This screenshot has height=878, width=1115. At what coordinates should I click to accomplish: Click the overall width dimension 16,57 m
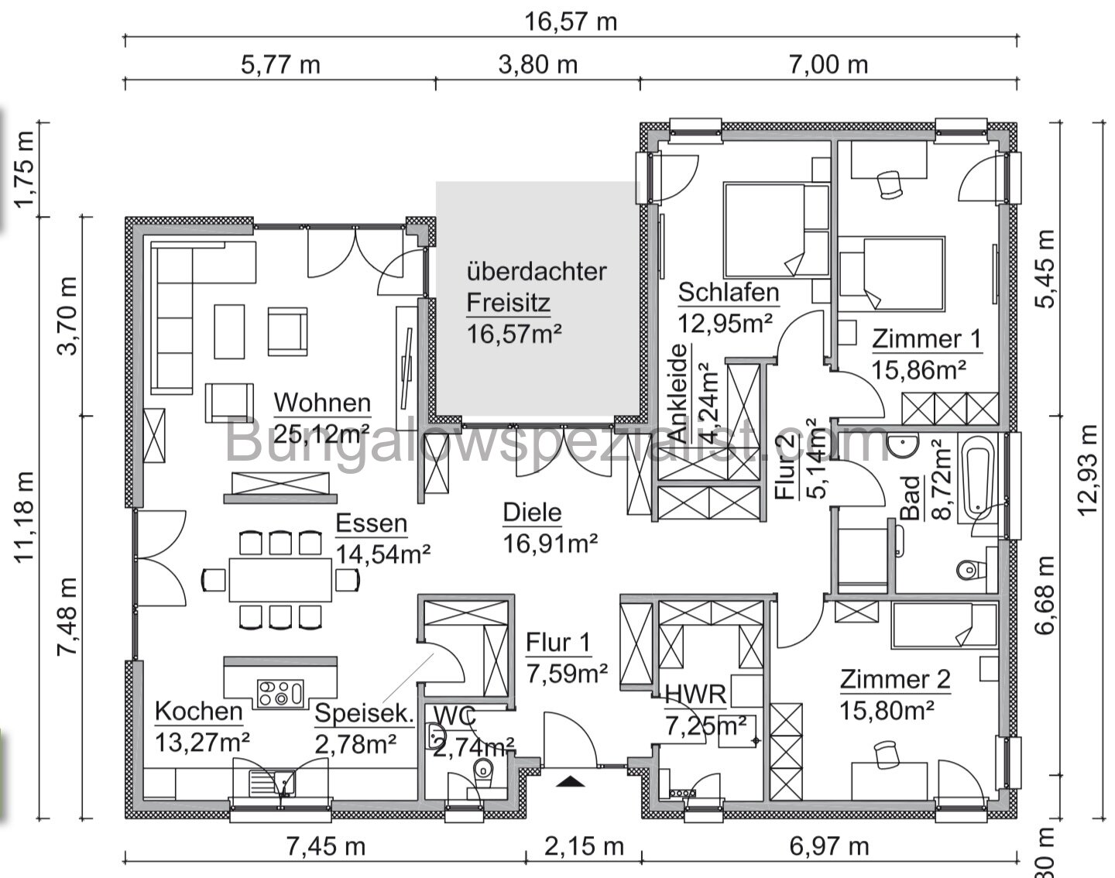571,21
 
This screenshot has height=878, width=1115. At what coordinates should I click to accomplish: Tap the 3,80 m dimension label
538,63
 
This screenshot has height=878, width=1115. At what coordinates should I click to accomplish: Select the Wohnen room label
322,403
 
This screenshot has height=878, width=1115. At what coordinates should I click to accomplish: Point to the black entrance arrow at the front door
571,781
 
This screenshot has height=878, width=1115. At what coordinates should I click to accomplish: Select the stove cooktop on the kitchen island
280,691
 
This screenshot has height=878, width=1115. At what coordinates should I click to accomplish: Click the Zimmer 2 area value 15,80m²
887,709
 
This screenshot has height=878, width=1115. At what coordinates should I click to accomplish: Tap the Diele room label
532,512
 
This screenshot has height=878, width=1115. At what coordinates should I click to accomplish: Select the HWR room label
695,695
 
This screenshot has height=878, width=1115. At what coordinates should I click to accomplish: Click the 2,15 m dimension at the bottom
584,846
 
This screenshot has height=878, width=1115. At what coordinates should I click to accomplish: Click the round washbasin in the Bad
903,446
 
